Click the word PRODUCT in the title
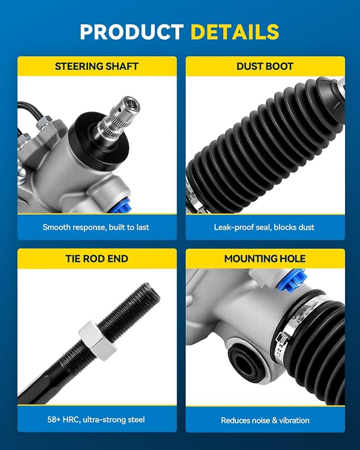click(132, 32)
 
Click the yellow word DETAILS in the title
click(234, 32)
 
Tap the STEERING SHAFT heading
click(96, 66)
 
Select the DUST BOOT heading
click(265, 66)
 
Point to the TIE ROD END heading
click(96, 259)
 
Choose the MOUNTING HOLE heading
click(265, 259)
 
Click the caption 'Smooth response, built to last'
click(96, 227)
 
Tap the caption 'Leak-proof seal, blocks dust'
click(264, 227)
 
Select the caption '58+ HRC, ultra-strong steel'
click(96, 420)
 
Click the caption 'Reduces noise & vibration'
click(265, 420)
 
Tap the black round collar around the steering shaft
click(99, 140)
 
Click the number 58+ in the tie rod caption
click(54, 420)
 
